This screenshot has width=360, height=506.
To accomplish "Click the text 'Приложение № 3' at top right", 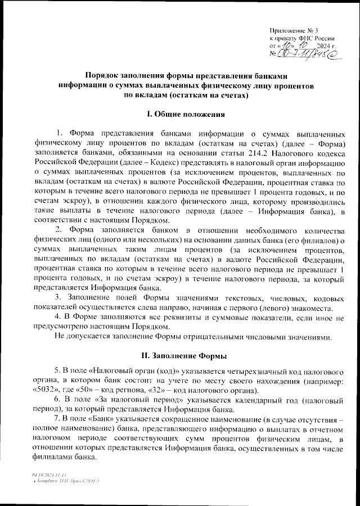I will (x=294, y=30).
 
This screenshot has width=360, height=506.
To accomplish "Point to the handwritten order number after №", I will (x=307, y=54).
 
